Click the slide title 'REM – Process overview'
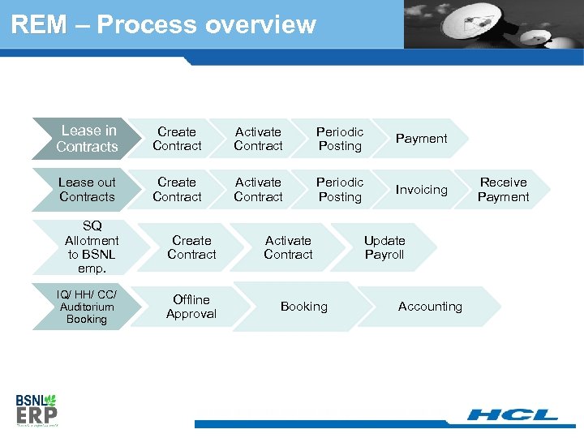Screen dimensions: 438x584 coord(163,24)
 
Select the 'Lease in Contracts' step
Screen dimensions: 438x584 coord(88,139)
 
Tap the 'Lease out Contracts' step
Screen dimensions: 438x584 coord(88,190)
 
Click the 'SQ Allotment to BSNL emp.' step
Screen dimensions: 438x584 coord(92,247)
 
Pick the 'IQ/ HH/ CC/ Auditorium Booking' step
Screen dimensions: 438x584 coord(87,307)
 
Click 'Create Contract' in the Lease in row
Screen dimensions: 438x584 coord(177,139)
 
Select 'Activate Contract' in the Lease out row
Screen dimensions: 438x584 coord(258,190)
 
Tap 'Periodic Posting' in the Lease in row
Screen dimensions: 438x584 coord(340,139)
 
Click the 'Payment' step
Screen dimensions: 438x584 coord(421,139)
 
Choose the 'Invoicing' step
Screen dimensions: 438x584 coord(421,190)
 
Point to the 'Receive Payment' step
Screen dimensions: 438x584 coord(503,190)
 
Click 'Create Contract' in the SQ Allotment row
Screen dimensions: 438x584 coord(191,247)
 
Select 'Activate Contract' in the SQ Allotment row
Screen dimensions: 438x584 coord(288,247)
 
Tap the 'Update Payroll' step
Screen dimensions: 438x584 coord(384,247)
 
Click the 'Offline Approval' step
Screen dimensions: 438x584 coord(191,307)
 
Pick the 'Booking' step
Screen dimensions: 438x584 coord(304,307)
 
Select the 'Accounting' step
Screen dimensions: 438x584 coord(430,307)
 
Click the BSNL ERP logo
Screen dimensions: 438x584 coord(36,410)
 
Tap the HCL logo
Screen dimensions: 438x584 coord(513,415)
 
